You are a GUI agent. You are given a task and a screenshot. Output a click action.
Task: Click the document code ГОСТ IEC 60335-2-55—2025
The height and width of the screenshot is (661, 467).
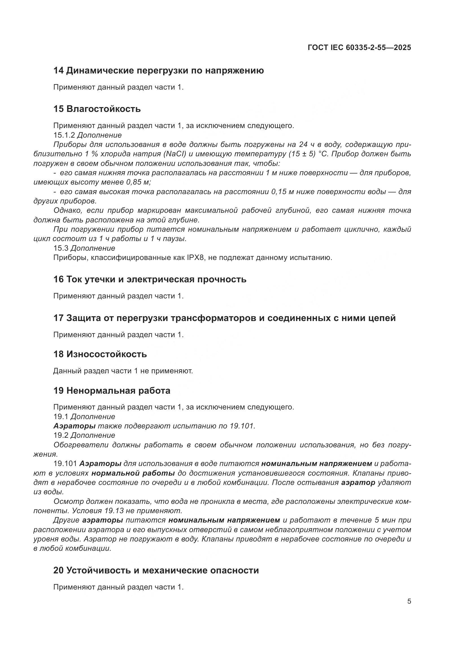click(x=359, y=47)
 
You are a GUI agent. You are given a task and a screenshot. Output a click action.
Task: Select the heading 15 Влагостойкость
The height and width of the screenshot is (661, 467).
click(x=97, y=109)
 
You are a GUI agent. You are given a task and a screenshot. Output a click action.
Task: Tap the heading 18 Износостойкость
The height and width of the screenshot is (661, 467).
click(x=100, y=354)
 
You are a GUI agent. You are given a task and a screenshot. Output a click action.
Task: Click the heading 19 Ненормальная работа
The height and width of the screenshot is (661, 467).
click(x=112, y=391)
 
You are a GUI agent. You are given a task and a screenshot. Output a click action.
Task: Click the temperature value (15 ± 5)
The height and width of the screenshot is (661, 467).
click(x=301, y=154)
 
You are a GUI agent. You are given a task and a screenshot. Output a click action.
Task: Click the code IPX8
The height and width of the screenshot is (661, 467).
click(x=196, y=258)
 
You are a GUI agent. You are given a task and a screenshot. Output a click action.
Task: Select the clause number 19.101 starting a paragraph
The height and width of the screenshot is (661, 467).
click(x=65, y=464)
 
